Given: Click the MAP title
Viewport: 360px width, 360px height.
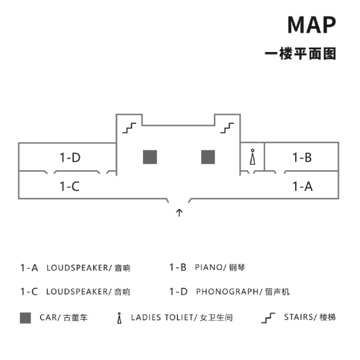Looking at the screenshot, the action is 312,25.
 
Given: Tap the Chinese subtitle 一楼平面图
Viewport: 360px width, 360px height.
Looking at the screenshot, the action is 300,53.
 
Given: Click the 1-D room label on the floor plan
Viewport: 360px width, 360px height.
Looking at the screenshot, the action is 70,157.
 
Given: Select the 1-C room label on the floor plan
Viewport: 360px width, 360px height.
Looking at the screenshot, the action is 69,186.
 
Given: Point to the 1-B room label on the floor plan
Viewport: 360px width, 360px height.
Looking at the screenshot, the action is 302,157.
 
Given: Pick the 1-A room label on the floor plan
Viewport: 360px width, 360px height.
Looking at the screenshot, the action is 302,186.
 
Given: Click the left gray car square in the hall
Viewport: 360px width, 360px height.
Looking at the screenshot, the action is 150,157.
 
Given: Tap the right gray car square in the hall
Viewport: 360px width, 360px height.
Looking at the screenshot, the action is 208,157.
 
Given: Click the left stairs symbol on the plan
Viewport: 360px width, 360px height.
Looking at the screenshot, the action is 129,128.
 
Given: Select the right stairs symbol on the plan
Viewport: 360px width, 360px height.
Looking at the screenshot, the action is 227,128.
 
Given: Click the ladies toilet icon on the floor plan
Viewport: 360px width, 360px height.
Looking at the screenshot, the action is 253,157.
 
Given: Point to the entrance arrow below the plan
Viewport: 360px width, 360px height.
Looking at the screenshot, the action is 179,212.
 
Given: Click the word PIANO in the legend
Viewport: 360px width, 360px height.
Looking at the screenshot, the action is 208,267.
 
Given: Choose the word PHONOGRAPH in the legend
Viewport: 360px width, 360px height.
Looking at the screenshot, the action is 227,292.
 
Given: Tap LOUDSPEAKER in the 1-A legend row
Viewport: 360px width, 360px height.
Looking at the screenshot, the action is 77,268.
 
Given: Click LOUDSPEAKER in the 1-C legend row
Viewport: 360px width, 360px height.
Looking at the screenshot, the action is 77,292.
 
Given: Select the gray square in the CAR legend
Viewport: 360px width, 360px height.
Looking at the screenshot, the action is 25,318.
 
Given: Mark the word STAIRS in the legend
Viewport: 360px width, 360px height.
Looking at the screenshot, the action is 299,317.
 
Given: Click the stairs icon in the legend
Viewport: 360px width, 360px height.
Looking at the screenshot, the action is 268,318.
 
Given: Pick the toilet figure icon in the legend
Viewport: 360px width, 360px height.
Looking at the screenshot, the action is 119,318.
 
